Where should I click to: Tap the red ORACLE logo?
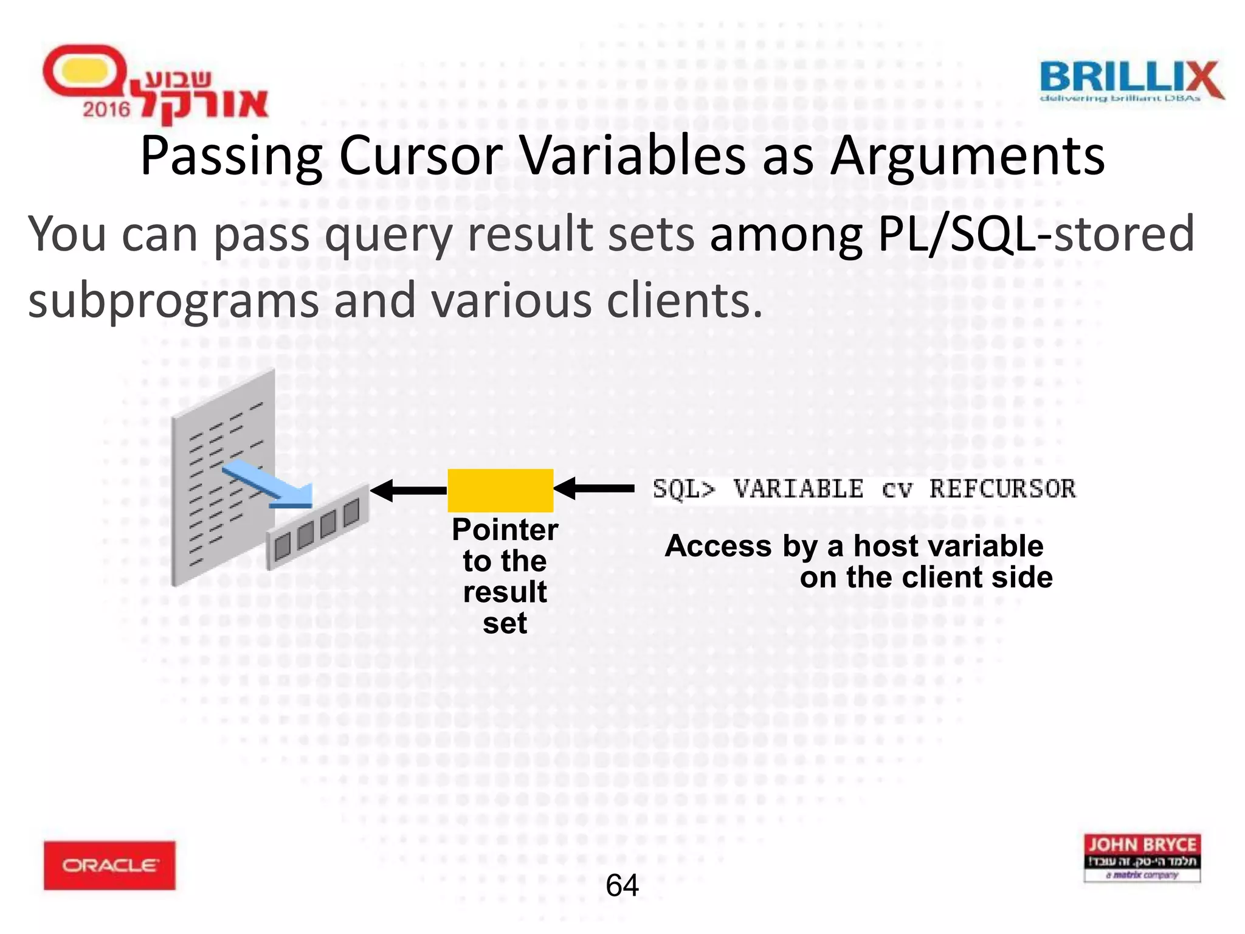click(109, 865)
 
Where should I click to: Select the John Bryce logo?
click(1142, 857)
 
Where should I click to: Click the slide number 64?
click(622, 885)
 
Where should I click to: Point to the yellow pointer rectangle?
click(500, 490)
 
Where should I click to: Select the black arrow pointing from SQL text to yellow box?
click(595, 488)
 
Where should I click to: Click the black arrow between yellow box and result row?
click(409, 490)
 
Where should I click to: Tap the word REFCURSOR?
click(1002, 489)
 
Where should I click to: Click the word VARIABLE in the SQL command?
click(798, 489)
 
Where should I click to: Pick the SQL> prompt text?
click(684, 489)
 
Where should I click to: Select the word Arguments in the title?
click(967, 156)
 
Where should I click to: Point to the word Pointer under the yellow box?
click(505, 530)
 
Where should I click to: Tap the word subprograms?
click(173, 300)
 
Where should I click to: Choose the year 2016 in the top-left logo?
click(106, 109)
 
